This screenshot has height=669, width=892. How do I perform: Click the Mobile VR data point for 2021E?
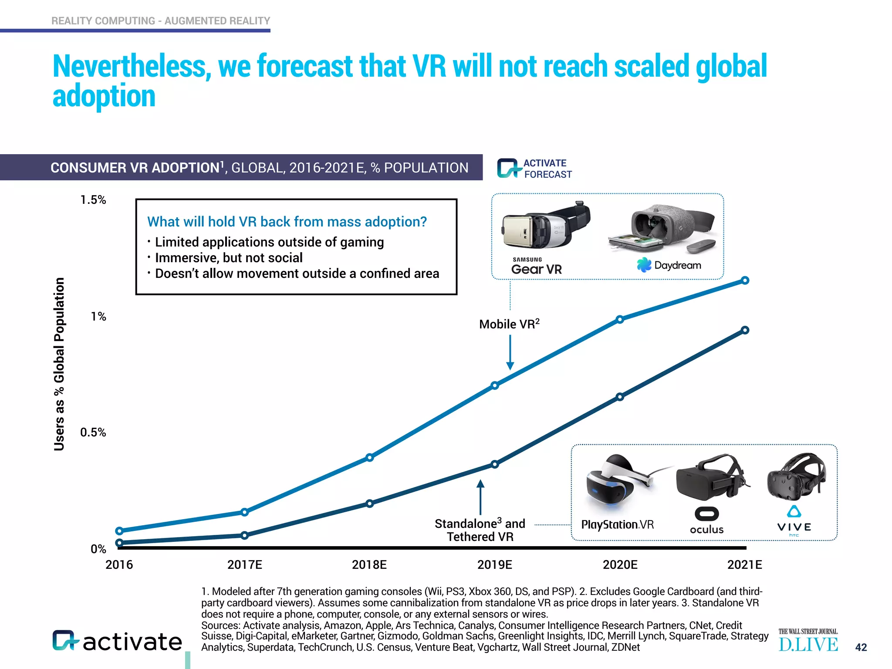(x=745, y=280)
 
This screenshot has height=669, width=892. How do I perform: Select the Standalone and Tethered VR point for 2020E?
(x=620, y=397)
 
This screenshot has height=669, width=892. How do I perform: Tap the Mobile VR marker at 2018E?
(x=369, y=457)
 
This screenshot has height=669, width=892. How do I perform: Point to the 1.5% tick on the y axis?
(x=93, y=200)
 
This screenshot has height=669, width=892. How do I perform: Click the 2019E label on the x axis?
(x=494, y=565)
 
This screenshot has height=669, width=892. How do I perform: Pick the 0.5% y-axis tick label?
(x=93, y=432)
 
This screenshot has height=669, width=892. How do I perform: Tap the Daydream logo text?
(x=677, y=265)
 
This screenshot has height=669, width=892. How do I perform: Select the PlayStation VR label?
(x=617, y=524)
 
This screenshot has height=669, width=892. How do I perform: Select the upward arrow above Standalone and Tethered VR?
(x=480, y=497)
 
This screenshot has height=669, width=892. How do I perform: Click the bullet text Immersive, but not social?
(x=228, y=258)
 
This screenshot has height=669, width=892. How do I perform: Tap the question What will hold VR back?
(x=287, y=222)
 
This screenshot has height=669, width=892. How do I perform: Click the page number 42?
(x=861, y=647)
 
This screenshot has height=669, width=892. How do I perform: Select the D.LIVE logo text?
(x=808, y=645)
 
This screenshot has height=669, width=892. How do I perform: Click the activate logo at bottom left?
(x=117, y=641)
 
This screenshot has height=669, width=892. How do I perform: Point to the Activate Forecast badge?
(x=535, y=169)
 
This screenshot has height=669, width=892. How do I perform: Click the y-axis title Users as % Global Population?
(x=59, y=364)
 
